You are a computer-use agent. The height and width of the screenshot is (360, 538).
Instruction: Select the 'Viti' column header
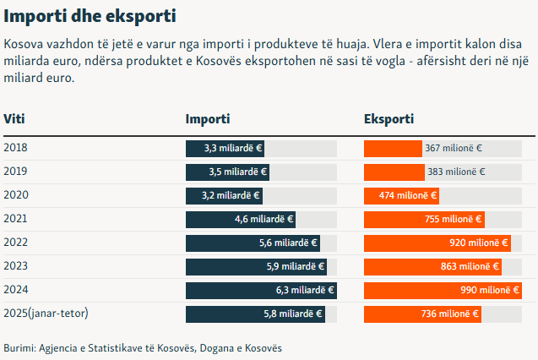click(x=14, y=120)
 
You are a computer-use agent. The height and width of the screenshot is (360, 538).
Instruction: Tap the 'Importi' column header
click(x=208, y=120)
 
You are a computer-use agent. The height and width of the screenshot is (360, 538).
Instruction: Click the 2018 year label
click(x=16, y=148)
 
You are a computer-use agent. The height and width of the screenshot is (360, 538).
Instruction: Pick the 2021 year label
click(x=16, y=219)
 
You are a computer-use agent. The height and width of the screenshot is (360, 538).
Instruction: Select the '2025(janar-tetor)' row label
click(x=46, y=314)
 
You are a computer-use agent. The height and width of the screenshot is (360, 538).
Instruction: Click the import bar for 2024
click(x=260, y=291)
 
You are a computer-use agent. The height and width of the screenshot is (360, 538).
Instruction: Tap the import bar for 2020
click(x=223, y=196)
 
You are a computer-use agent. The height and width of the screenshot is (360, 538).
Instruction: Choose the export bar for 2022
click(x=437, y=243)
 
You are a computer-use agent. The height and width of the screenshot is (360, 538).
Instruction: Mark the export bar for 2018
click(x=393, y=149)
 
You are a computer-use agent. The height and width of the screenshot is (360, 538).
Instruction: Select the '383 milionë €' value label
click(x=457, y=172)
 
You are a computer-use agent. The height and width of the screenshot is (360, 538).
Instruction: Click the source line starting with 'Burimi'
click(x=143, y=348)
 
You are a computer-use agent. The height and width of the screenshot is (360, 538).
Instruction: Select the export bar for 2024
click(x=442, y=291)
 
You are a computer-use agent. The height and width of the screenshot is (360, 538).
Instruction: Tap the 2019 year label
click(x=16, y=172)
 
